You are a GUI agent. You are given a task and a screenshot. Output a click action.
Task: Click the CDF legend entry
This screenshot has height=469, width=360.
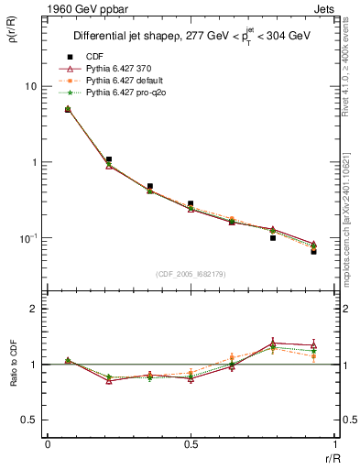[94, 58]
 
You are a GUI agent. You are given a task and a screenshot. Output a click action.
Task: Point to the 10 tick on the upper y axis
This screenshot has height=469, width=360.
[30, 86]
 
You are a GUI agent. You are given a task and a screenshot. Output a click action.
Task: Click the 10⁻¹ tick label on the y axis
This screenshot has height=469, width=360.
[28, 238]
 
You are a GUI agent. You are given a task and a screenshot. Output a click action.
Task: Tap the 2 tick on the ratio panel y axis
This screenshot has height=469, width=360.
[34, 310]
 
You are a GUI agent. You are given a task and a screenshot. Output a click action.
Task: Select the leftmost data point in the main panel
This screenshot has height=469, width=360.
[68, 109]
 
